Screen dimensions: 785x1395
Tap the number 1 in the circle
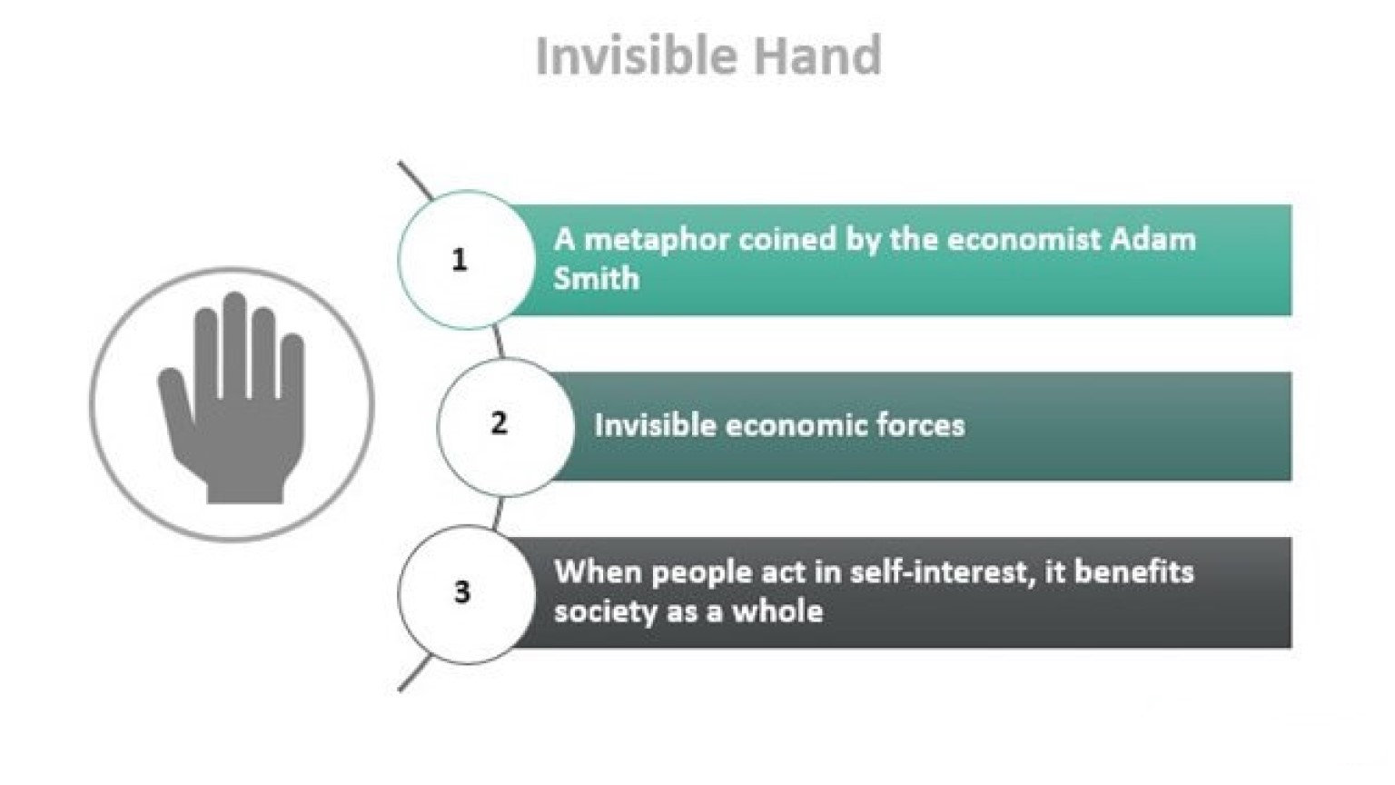460,261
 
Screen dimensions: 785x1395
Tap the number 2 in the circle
499,423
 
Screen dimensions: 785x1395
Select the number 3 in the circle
461,592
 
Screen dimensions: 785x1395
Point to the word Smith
596,278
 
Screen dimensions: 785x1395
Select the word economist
1018,240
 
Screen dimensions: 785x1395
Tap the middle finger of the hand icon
236,336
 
